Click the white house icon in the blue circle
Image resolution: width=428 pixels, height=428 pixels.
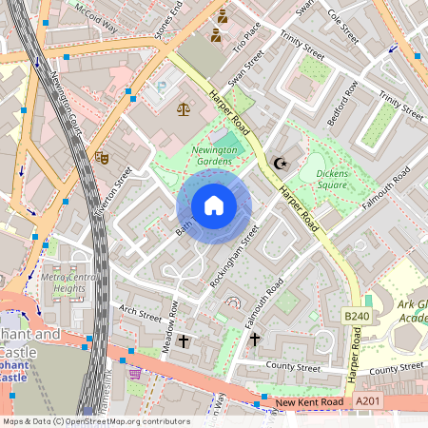214,205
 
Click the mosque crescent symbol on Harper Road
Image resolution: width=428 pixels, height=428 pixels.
279,164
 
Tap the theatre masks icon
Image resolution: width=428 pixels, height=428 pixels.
102,157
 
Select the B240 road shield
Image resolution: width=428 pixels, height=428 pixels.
356,316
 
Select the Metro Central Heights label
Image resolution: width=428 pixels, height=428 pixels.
70,282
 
